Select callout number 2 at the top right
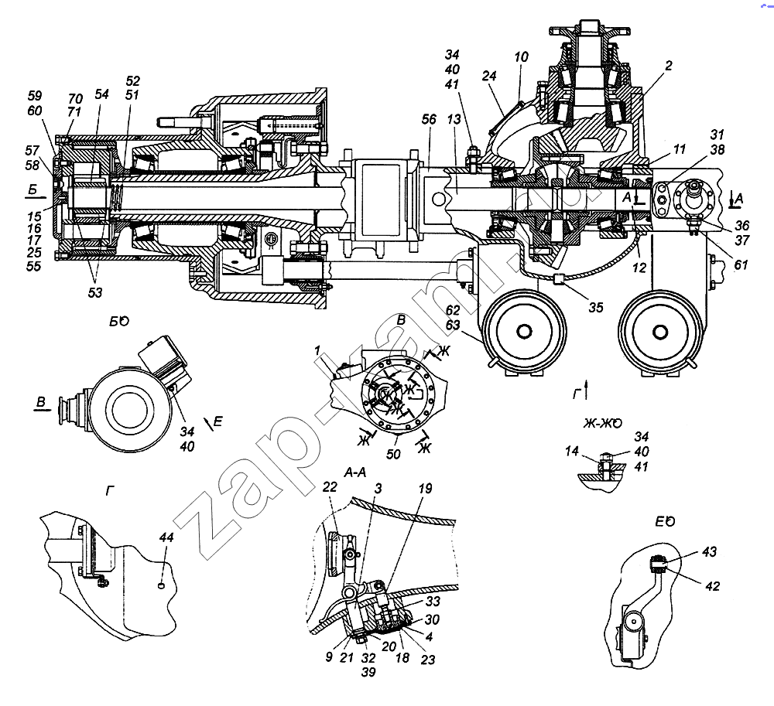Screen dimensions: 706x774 [x=666, y=67]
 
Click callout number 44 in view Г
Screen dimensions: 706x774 [x=166, y=537]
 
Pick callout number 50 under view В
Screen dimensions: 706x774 [x=393, y=454]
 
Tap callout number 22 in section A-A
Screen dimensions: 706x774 [x=330, y=489]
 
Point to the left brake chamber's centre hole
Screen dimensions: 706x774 [x=525, y=331]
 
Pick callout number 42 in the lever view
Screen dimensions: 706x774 [x=712, y=586]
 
